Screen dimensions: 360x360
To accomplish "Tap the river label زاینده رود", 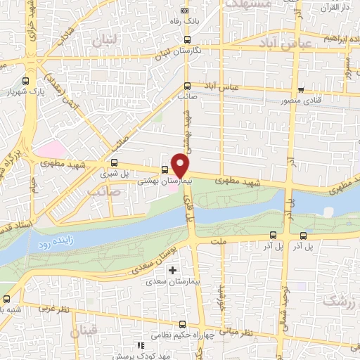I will click(x=51, y=243).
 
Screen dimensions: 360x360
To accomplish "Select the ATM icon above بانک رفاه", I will click(x=186, y=11).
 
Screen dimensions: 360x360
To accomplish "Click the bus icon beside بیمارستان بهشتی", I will click(x=165, y=169).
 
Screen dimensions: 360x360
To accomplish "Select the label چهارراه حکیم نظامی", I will click(x=184, y=335).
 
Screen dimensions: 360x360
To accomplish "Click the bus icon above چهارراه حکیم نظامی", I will click(x=183, y=324).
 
